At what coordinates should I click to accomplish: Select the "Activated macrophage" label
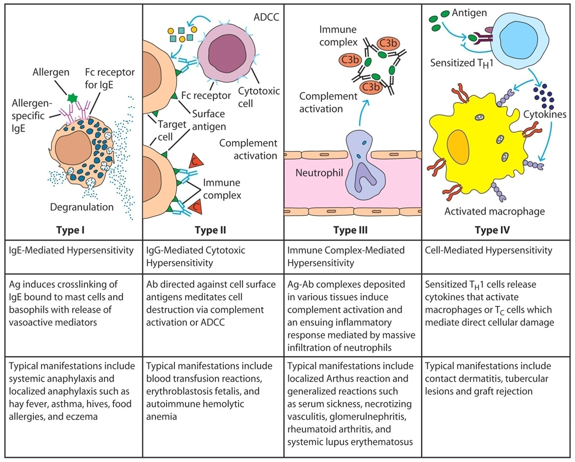tap(494, 211)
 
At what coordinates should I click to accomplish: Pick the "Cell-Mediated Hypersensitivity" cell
tap(488, 250)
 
